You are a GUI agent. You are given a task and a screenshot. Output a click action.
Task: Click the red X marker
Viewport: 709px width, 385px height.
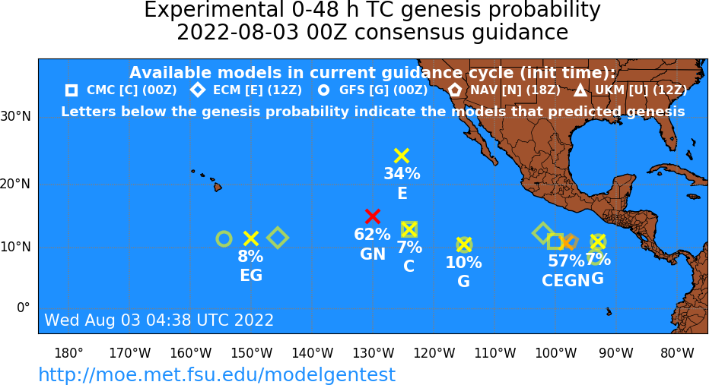[372, 216]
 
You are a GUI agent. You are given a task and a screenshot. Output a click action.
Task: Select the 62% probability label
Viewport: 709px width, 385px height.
[372, 234]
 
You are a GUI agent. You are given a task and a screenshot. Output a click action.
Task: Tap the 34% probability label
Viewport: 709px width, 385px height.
[402, 174]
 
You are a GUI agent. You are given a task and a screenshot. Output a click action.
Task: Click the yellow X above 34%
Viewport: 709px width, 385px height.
[402, 156]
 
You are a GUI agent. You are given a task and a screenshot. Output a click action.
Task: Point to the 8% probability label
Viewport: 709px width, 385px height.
[250, 257]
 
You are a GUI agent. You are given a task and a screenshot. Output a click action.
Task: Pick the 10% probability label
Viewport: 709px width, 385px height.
[463, 262]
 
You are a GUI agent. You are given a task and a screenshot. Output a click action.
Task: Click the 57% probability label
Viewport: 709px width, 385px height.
[566, 260]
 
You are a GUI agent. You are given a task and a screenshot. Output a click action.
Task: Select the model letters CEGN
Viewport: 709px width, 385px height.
[566, 281]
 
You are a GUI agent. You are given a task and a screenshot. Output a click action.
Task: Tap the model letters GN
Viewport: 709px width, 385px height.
[373, 254]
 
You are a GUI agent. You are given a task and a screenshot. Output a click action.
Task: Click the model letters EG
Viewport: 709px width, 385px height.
[251, 276]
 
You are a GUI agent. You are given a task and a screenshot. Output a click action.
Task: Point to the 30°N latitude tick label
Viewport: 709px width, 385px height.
[16, 117]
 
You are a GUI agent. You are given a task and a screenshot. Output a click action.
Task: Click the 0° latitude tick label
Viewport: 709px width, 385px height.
[24, 308]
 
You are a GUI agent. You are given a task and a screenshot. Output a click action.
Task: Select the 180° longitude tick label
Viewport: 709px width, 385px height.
[68, 353]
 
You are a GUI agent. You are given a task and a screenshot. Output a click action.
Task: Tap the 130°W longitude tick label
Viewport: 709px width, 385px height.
[373, 353]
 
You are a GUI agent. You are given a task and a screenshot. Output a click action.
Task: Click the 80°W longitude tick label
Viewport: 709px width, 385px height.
[677, 353]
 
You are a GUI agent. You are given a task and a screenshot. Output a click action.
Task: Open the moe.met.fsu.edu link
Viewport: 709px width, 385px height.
[217, 374]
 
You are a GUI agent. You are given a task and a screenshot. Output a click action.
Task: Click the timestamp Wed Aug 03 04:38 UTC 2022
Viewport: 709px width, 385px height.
[159, 320]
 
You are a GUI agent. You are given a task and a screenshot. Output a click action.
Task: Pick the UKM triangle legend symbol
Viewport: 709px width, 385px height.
[580, 90]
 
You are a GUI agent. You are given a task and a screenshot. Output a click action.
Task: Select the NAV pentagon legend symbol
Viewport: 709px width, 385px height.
[455, 90]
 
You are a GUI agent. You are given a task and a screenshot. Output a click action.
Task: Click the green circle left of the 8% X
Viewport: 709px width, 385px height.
[224, 238]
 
